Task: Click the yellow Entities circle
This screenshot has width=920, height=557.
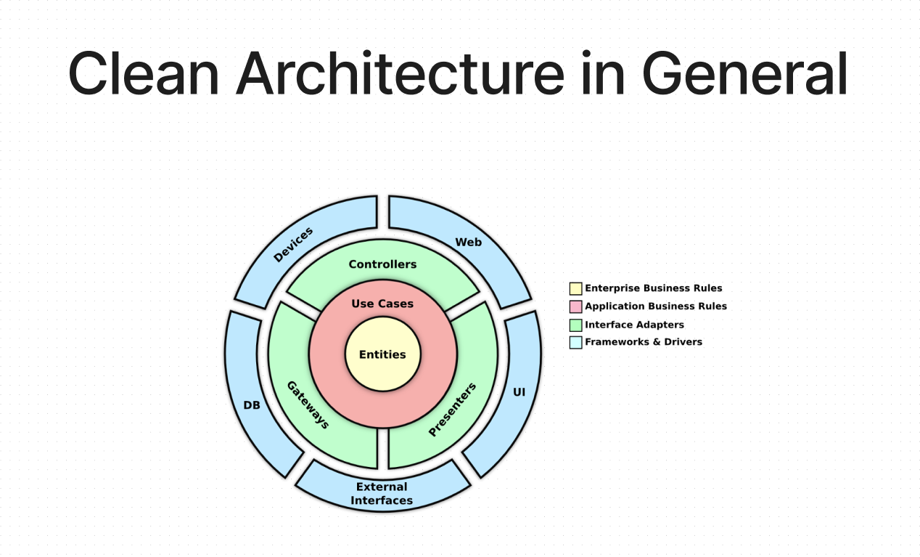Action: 382,354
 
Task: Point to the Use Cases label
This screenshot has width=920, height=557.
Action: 382,304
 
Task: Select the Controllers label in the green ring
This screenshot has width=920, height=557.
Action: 382,264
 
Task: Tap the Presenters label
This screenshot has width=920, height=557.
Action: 452,410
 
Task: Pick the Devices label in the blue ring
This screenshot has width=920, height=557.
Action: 293,245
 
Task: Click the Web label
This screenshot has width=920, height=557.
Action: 468,242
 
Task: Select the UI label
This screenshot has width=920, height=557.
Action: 519,392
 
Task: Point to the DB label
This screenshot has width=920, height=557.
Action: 252,405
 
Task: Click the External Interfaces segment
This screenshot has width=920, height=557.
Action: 382,493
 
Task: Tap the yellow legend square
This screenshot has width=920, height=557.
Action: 576,288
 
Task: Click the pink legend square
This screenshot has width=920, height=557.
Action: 576,306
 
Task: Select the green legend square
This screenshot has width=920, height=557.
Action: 576,325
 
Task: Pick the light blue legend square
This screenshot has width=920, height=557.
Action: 576,342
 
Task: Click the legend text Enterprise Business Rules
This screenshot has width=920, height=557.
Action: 653,288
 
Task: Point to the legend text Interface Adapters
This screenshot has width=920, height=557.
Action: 634,325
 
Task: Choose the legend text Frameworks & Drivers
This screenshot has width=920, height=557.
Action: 644,342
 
